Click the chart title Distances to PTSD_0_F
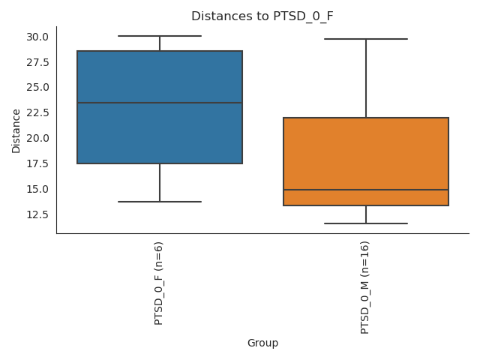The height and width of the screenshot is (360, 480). click(x=262, y=16)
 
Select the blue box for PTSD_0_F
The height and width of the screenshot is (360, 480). click(x=159, y=75)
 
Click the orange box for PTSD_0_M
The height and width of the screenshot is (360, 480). click(x=366, y=150)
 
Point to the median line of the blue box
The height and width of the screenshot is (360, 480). click(x=159, y=103)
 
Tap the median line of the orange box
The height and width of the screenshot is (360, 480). click(x=366, y=190)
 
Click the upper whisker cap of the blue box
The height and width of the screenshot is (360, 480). click(x=159, y=36)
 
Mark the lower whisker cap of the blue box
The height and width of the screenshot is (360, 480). click(x=159, y=202)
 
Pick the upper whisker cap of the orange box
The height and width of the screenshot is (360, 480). click(x=366, y=38)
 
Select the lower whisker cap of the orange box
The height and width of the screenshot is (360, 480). click(x=366, y=223)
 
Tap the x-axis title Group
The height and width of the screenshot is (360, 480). click(x=262, y=343)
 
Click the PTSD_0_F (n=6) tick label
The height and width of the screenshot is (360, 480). click(x=159, y=282)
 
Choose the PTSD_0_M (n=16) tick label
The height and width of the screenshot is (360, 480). click(x=365, y=287)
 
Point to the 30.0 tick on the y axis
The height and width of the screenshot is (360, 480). click(x=37, y=37)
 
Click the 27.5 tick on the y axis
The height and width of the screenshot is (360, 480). click(x=37, y=62)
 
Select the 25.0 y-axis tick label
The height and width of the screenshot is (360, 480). click(x=37, y=87)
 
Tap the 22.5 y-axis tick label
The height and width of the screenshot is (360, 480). click(x=37, y=112)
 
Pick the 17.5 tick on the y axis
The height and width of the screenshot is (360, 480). click(x=37, y=163)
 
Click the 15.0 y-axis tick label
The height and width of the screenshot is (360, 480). click(x=37, y=189)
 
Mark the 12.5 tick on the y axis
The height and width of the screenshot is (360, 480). click(x=37, y=214)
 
